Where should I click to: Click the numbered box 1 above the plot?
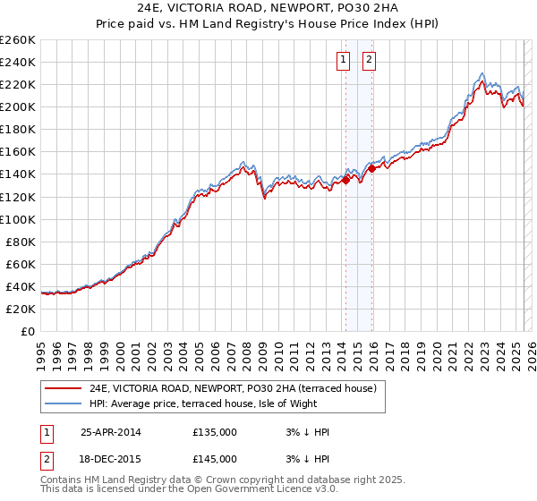coord(343,61)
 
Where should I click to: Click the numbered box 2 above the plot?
coord(369,61)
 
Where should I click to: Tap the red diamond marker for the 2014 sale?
coord(345,180)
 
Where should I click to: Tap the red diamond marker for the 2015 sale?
coord(371,168)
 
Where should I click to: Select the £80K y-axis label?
coord(21,242)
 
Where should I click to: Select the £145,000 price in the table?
coord(215,458)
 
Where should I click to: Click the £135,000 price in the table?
coord(215,432)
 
